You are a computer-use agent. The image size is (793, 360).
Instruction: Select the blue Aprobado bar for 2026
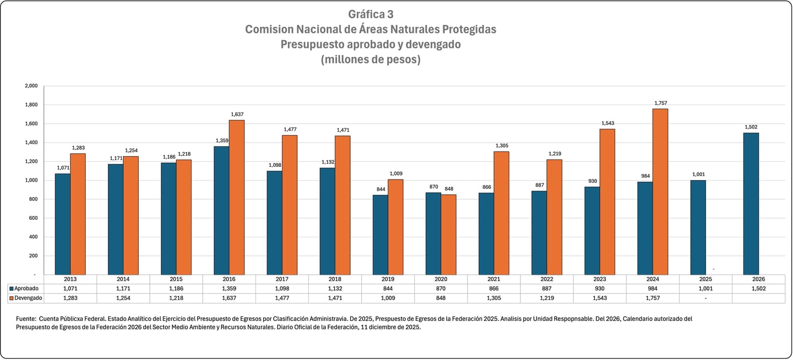(x=751, y=204)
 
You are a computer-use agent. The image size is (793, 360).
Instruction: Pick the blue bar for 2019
(x=380, y=234)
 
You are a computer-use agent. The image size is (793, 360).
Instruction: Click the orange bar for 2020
(x=448, y=234)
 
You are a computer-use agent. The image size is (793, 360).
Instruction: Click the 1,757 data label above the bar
(x=661, y=103)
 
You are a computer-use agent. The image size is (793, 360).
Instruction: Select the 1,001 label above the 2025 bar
(x=698, y=174)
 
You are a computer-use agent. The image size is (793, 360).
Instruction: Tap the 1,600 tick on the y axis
(x=31, y=124)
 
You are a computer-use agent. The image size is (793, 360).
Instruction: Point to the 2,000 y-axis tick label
(x=31, y=86)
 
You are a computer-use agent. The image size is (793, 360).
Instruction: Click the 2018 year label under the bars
(x=334, y=279)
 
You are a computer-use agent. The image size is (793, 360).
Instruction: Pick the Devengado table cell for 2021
(x=493, y=298)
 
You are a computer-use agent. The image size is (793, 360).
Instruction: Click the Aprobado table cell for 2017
(x=282, y=288)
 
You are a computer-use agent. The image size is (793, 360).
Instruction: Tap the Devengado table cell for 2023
(x=599, y=298)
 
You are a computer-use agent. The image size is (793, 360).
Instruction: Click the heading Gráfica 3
(x=371, y=14)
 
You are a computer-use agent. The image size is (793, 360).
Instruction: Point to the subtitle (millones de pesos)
(x=371, y=60)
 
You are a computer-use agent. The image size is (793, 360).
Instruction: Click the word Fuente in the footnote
(x=26, y=319)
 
